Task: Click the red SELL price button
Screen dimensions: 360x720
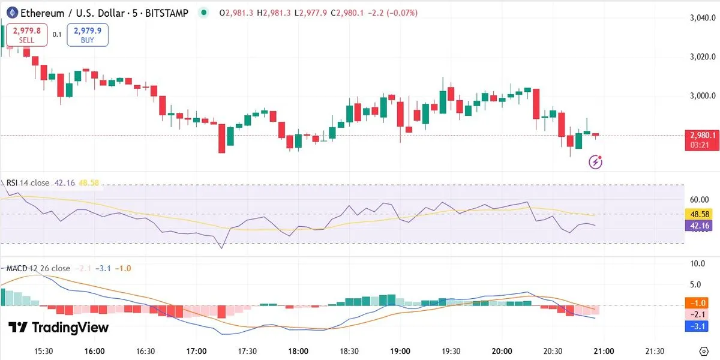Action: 27,35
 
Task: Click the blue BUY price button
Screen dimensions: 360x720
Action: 88,35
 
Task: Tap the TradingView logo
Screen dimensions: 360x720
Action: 59,328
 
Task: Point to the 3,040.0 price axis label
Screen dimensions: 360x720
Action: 703,18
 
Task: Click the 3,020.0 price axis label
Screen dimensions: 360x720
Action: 703,57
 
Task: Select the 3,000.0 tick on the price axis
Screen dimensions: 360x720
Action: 703,96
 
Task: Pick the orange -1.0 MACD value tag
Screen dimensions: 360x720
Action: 699,304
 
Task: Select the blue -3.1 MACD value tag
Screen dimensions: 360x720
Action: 699,326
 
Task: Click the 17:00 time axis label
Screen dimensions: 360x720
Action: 197,351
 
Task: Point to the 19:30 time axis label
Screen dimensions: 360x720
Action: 451,351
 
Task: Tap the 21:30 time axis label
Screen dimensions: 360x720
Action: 654,351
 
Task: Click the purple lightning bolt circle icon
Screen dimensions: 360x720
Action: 596,161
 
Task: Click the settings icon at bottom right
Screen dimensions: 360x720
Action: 704,351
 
